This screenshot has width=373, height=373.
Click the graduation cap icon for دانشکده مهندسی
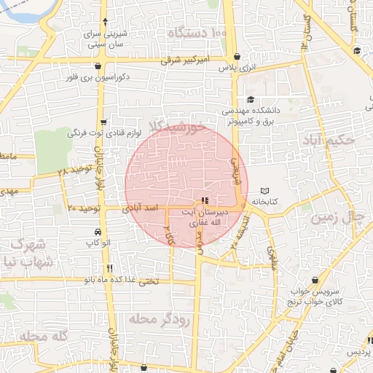tap(251, 100)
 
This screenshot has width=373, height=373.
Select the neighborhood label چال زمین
tap(337, 216)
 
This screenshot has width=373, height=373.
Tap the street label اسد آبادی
tap(142, 209)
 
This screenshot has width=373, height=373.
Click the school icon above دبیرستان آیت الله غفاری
tap(204, 200)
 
